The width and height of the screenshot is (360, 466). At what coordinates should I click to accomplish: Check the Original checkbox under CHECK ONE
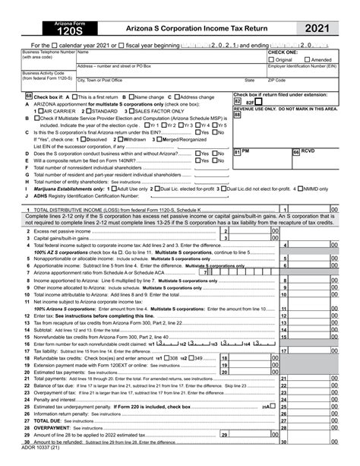pos(272,59)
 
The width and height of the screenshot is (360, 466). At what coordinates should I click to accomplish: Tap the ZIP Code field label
pos(276,80)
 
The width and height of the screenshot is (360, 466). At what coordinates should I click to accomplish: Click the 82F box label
pos(250,101)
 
